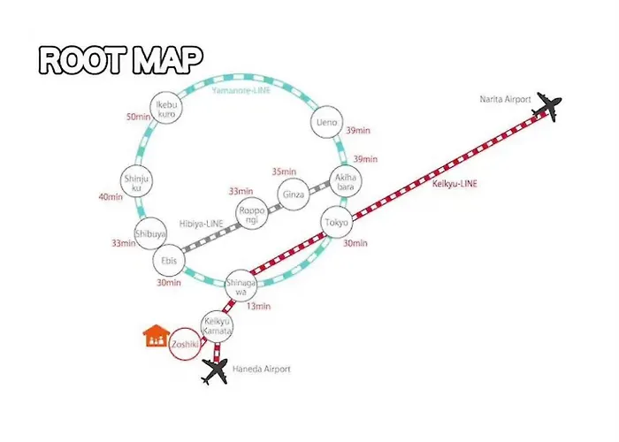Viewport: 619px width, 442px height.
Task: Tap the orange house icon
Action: pos(157,335)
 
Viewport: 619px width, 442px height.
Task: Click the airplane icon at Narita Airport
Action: pos(546,106)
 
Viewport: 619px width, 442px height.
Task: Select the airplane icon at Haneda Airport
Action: pos(215,371)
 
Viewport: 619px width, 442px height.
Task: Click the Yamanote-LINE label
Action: pos(241,90)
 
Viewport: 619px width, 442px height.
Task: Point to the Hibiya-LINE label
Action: pos(202,224)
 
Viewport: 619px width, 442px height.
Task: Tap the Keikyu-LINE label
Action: pos(455,184)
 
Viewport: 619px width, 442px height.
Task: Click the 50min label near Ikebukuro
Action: pos(138,117)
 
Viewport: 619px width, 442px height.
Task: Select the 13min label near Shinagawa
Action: pos(258,306)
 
